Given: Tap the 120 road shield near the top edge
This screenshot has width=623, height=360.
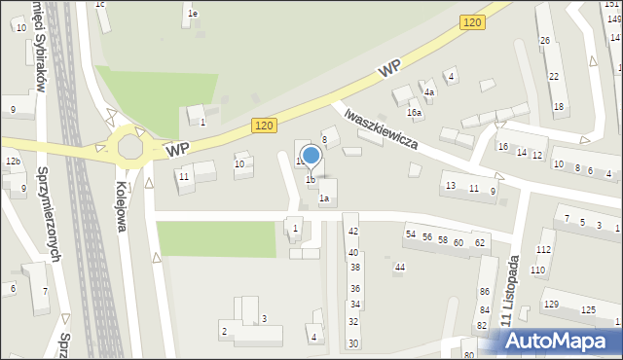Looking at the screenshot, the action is click(x=472, y=22).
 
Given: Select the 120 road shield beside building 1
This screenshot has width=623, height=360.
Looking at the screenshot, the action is click(x=264, y=126).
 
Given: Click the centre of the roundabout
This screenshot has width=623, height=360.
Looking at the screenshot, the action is click(x=129, y=147).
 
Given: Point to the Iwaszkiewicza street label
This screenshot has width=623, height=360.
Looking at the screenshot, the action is click(x=381, y=127).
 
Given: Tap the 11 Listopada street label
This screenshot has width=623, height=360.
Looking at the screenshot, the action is click(x=508, y=291).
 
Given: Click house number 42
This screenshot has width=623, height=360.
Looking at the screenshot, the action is click(x=352, y=231).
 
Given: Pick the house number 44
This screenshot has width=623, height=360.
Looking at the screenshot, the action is click(x=399, y=267).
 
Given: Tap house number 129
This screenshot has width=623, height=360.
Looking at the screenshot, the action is click(x=552, y=306).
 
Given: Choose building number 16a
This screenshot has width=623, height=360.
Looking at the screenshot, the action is click(x=415, y=114).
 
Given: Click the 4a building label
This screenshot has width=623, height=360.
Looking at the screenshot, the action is click(x=428, y=92).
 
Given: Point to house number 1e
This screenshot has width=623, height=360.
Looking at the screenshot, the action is click(x=193, y=14).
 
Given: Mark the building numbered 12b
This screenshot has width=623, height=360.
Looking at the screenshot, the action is click(x=12, y=161).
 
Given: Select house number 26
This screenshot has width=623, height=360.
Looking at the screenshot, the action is click(x=545, y=40).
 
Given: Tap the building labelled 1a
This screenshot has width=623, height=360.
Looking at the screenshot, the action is click(x=325, y=198).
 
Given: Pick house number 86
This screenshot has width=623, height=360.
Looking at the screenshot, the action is click(x=484, y=292).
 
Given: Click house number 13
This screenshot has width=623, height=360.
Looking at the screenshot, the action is click(x=450, y=185).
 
